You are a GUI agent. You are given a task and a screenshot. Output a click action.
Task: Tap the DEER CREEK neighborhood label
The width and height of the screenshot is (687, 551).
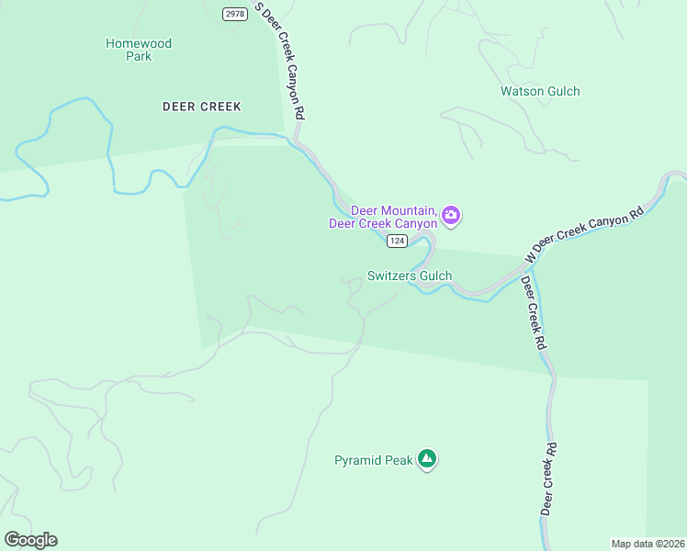(x=201, y=107)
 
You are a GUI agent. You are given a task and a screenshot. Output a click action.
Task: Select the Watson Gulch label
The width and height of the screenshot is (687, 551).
(x=540, y=91)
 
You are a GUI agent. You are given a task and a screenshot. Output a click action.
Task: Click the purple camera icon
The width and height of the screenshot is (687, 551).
(x=451, y=216)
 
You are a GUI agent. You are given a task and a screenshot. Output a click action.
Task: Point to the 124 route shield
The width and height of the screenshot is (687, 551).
(x=397, y=241)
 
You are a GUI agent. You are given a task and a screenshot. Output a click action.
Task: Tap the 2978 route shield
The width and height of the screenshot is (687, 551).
(x=234, y=13)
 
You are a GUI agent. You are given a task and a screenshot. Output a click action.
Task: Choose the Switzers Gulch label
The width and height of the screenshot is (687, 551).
(x=409, y=275)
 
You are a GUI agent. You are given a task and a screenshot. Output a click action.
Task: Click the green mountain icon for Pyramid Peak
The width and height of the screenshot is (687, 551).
(x=426, y=458)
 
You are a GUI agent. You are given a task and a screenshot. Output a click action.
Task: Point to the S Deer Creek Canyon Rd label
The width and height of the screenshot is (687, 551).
(x=281, y=62)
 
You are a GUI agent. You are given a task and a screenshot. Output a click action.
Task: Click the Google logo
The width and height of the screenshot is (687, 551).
(x=30, y=540)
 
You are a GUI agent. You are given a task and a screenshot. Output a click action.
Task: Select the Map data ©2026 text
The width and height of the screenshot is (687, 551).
(x=648, y=543)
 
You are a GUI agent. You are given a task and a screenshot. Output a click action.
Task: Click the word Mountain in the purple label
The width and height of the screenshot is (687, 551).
(x=405, y=209)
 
